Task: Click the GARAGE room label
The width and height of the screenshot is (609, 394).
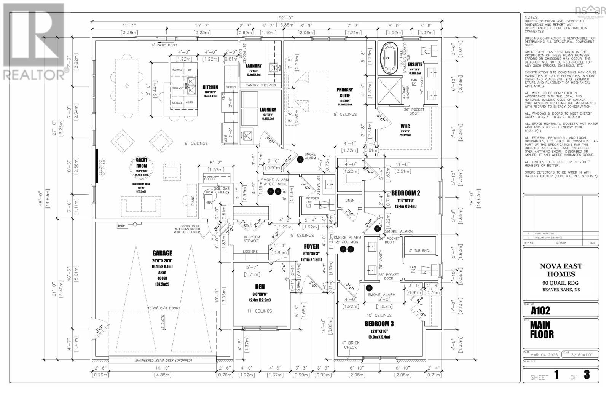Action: tap(162, 253)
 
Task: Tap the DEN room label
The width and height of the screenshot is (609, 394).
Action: tap(260, 287)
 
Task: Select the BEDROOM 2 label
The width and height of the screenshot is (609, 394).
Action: tap(405, 193)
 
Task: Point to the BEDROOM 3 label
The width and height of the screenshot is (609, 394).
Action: tap(379, 324)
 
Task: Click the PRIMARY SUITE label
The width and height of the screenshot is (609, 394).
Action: tap(345, 93)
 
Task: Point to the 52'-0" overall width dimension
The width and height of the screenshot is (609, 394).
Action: tap(284, 18)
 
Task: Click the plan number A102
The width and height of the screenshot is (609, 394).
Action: tap(540, 311)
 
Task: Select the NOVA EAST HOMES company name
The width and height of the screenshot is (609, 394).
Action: tap(561, 270)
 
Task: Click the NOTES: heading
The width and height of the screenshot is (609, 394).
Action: tap(531, 17)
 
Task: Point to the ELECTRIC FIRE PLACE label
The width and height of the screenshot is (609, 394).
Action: tap(101, 168)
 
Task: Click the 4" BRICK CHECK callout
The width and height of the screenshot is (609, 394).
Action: tap(351, 345)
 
